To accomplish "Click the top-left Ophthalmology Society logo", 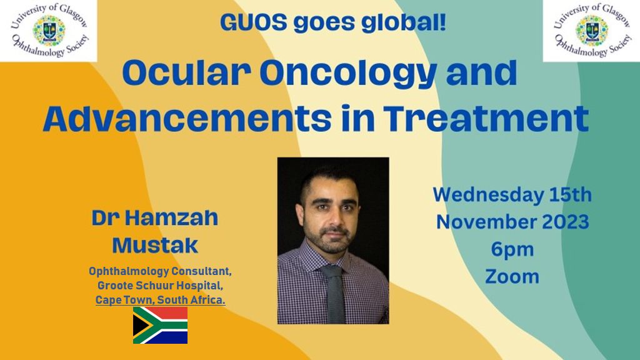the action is (x=49, y=31).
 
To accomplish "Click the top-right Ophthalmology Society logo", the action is (x=591, y=31).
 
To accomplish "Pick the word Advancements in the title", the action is (x=187, y=118).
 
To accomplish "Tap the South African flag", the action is (x=160, y=325).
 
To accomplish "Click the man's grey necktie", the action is (x=334, y=294).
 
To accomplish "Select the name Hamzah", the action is (x=171, y=218).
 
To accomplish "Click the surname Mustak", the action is (x=155, y=246).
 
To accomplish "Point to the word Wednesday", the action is (x=488, y=195).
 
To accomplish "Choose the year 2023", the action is (x=565, y=222).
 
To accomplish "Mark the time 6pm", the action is (x=512, y=250).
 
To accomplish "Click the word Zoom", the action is (x=512, y=277).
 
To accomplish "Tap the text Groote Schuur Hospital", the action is (x=160, y=285).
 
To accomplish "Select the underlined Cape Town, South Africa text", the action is (x=161, y=300).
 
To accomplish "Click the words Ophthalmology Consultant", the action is (x=160, y=271).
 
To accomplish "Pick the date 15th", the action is (x=571, y=195).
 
